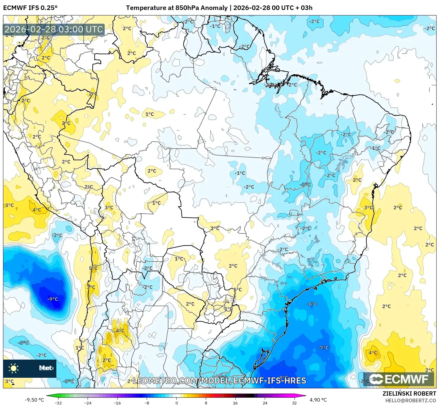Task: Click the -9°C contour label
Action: tap(52, 299)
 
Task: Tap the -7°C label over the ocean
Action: tap(323, 348)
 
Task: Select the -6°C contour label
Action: tap(312, 304)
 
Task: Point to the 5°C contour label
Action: tap(93, 268)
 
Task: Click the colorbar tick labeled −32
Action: tap(58, 403)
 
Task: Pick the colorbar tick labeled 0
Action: tap(177, 403)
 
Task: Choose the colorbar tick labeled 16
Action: tap(235, 403)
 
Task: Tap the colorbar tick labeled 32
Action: tap(294, 403)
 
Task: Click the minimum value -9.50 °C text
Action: tap(34, 400)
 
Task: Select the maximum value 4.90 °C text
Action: tap(318, 400)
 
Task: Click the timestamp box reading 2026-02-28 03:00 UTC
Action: tap(54, 29)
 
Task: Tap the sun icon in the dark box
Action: tap(14, 368)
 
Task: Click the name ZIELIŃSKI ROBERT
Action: tap(409, 393)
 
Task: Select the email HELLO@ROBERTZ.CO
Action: tap(411, 400)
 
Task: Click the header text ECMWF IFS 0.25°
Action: tap(30, 8)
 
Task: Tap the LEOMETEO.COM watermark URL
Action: tap(219, 380)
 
